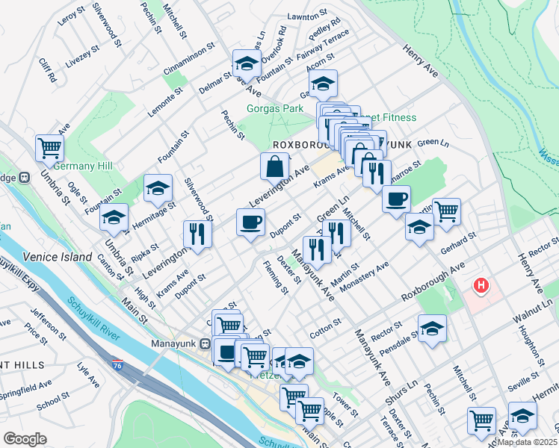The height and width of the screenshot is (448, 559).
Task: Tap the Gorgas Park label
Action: (275, 108)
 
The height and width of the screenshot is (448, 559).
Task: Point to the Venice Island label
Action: (51, 256)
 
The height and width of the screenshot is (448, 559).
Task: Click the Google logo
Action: (25, 439)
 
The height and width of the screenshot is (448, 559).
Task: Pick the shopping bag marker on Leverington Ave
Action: (275, 166)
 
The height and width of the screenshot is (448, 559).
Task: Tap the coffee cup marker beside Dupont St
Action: (250, 221)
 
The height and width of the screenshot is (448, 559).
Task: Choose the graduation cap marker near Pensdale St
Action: (432, 329)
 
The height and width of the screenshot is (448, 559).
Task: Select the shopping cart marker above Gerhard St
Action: (446, 211)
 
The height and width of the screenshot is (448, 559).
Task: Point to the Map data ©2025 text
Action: (527, 441)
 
